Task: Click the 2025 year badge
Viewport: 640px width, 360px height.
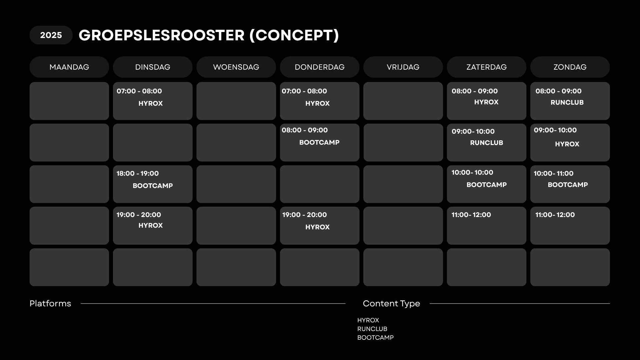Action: coord(51,35)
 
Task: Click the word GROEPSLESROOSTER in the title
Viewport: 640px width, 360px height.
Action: coord(162,35)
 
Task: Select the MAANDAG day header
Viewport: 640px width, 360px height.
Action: coord(69,67)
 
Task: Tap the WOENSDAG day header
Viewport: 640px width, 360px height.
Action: coord(236,67)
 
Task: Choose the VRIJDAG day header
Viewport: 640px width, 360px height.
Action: coord(403,67)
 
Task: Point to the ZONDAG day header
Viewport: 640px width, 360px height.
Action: coord(570,67)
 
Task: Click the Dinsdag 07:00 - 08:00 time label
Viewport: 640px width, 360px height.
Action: coord(139,91)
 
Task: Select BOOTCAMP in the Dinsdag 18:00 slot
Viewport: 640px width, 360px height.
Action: coord(153,186)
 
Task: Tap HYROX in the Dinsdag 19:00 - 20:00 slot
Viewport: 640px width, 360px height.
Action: coord(151,225)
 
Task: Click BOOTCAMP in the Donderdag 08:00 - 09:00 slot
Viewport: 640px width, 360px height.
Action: coord(319,142)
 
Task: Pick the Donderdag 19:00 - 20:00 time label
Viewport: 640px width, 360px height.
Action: coord(305,215)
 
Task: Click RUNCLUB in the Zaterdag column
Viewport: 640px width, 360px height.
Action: coord(487,143)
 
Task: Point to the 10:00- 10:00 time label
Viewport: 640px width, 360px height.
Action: coord(472,172)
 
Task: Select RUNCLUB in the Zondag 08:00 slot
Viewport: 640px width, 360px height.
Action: coord(567,102)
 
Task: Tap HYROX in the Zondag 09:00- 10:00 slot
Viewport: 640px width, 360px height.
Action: coord(567,144)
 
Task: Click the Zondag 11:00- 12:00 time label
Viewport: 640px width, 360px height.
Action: coord(555,215)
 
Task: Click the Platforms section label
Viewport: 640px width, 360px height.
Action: coord(50,303)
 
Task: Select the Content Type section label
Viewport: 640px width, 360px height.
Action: coord(391,304)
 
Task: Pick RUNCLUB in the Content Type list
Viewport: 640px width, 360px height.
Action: coord(372,329)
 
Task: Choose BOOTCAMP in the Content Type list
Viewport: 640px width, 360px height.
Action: coord(375,338)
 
